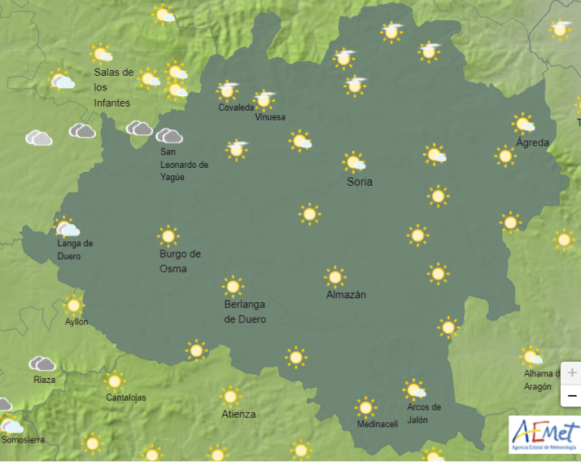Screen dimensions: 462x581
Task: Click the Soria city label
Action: click(360, 182)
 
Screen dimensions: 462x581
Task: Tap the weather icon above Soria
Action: click(353, 161)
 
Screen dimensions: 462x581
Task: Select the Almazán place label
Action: click(346, 294)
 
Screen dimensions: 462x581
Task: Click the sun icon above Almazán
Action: click(334, 276)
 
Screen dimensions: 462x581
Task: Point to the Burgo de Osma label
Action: click(180, 261)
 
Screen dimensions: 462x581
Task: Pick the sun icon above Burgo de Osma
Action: click(168, 236)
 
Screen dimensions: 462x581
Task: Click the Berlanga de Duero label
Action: click(245, 311)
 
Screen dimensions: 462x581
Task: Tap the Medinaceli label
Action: click(378, 424)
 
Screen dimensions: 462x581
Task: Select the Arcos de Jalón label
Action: click(424, 412)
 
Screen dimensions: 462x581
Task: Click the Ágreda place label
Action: click(533, 143)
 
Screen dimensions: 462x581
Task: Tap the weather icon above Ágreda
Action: click(523, 124)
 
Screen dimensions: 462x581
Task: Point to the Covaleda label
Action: click(236, 108)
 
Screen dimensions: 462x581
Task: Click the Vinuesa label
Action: click(270, 117)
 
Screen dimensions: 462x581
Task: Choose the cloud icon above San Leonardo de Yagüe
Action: click(168, 135)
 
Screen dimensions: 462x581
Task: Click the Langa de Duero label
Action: click(75, 249)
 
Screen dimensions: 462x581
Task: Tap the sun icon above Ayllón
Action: click(74, 305)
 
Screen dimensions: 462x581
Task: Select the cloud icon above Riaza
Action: click(42, 363)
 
